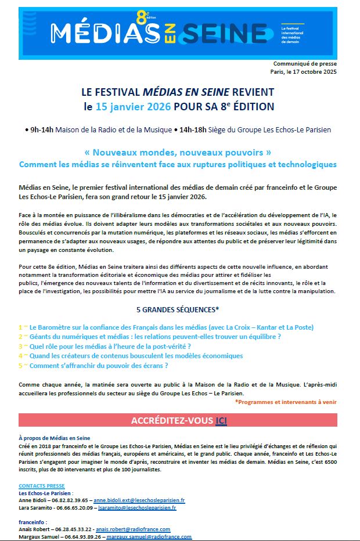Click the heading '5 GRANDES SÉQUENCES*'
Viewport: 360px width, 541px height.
pyautogui.click(x=178, y=309)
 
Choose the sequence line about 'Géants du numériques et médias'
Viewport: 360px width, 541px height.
pyautogui.click(x=155, y=337)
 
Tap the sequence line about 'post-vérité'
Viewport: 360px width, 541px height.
pyautogui.click(x=110, y=346)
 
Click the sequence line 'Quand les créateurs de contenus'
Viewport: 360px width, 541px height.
pyautogui.click(x=136, y=356)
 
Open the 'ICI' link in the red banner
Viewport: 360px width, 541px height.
pyautogui.click(x=221, y=420)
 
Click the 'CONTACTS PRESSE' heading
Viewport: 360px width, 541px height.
pyautogui.click(x=42, y=485)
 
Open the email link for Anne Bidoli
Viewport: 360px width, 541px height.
pyautogui.click(x=139, y=500)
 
